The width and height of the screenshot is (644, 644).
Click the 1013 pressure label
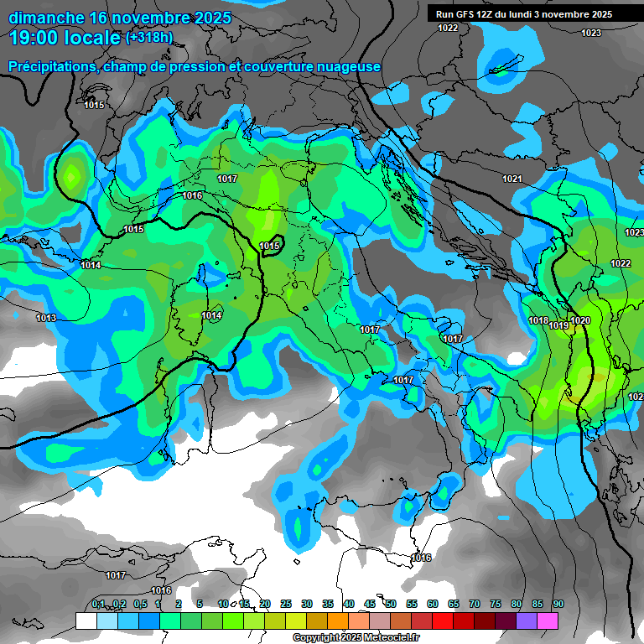tap(46, 318)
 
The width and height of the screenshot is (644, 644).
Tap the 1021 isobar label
tap(512, 179)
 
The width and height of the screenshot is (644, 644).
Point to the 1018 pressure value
tap(538, 321)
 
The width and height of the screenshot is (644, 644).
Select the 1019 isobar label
tap(559, 325)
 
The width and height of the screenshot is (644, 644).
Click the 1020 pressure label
tap(580, 321)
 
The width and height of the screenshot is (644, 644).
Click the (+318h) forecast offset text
tap(149, 37)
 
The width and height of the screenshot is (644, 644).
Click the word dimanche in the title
tap(46, 17)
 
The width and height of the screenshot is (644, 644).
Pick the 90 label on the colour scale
tap(558, 604)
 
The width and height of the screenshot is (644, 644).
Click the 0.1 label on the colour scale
tap(98, 604)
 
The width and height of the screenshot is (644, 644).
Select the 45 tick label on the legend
tap(370, 604)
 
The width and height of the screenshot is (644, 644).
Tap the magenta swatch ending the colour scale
tap(548, 621)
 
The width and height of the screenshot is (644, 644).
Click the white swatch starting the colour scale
tap(86, 621)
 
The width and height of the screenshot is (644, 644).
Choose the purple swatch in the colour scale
tap(527, 621)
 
